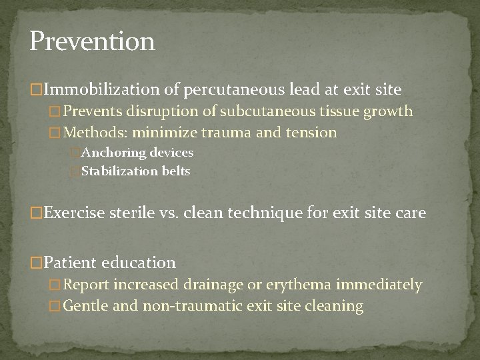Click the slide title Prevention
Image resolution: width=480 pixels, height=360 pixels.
tap(92, 41)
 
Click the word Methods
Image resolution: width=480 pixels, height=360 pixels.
tap(91, 132)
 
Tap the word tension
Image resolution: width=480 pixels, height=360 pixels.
tap(310, 132)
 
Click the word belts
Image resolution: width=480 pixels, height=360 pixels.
tap(175, 171)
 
